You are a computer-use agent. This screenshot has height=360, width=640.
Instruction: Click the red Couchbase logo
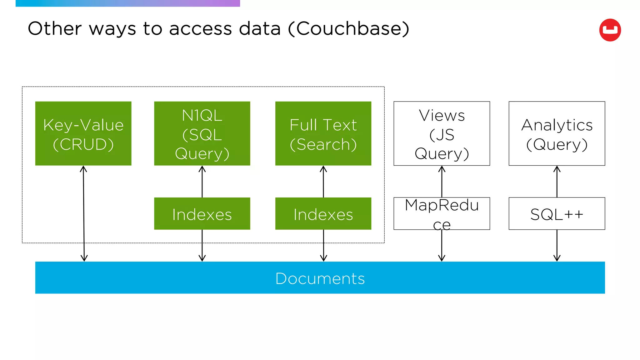610,30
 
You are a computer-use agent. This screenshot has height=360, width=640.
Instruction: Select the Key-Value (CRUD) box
83,133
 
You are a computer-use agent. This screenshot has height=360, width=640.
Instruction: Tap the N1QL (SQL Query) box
202,133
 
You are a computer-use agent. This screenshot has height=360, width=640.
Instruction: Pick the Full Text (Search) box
323,133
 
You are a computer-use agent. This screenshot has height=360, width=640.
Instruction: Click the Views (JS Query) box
442,133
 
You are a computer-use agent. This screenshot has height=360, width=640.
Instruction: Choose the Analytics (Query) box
557,133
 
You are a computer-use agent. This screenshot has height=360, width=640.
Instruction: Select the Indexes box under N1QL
202,214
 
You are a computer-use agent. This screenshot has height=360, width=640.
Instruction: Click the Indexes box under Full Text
323,214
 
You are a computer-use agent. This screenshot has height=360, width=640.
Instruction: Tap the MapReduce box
442,214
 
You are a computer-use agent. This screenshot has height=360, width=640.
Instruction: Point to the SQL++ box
557,214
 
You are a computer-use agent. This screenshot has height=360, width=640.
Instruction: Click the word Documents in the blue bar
320,278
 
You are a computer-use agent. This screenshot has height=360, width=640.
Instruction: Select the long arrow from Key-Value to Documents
84,212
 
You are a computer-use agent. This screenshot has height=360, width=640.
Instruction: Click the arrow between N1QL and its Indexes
202,182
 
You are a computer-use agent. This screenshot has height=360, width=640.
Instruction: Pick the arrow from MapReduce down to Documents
442,246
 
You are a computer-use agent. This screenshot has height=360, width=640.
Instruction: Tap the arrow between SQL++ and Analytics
557,182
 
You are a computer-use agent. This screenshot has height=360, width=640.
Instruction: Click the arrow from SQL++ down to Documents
557,246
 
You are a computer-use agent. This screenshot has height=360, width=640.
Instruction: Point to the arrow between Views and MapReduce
442,182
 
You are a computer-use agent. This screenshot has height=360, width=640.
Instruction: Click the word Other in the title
55,29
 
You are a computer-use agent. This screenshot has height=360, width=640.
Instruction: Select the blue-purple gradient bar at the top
127,3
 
